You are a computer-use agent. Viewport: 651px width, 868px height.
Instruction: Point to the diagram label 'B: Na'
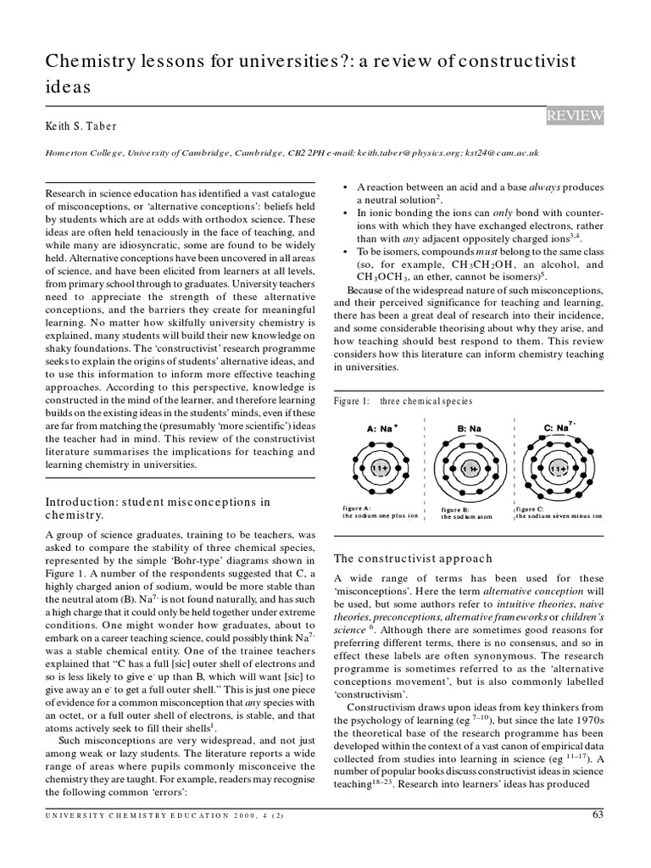470,429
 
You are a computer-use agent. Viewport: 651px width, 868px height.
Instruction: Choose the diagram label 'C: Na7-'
560,427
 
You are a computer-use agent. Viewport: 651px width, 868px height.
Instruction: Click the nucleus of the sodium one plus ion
381,468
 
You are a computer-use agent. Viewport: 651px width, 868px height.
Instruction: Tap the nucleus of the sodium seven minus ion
559,468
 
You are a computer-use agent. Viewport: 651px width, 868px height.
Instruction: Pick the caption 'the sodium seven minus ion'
559,515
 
